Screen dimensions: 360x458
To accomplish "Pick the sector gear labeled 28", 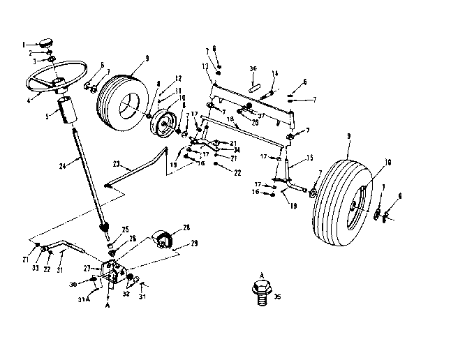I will coord(162,238).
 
